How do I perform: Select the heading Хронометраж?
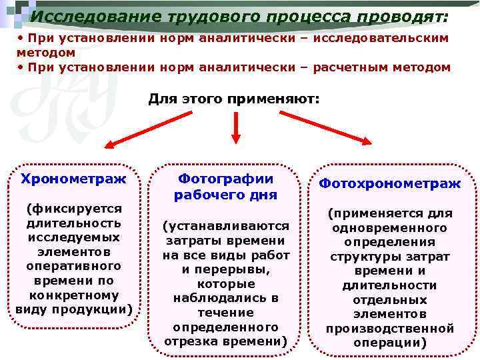click(x=73, y=179)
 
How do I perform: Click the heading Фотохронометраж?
click(x=389, y=183)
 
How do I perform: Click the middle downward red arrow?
click(x=235, y=127)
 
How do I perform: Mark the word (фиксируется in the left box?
click(x=73, y=209)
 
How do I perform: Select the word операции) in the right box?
click(x=389, y=343)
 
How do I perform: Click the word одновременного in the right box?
click(x=389, y=228)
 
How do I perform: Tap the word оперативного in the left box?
click(x=73, y=267)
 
